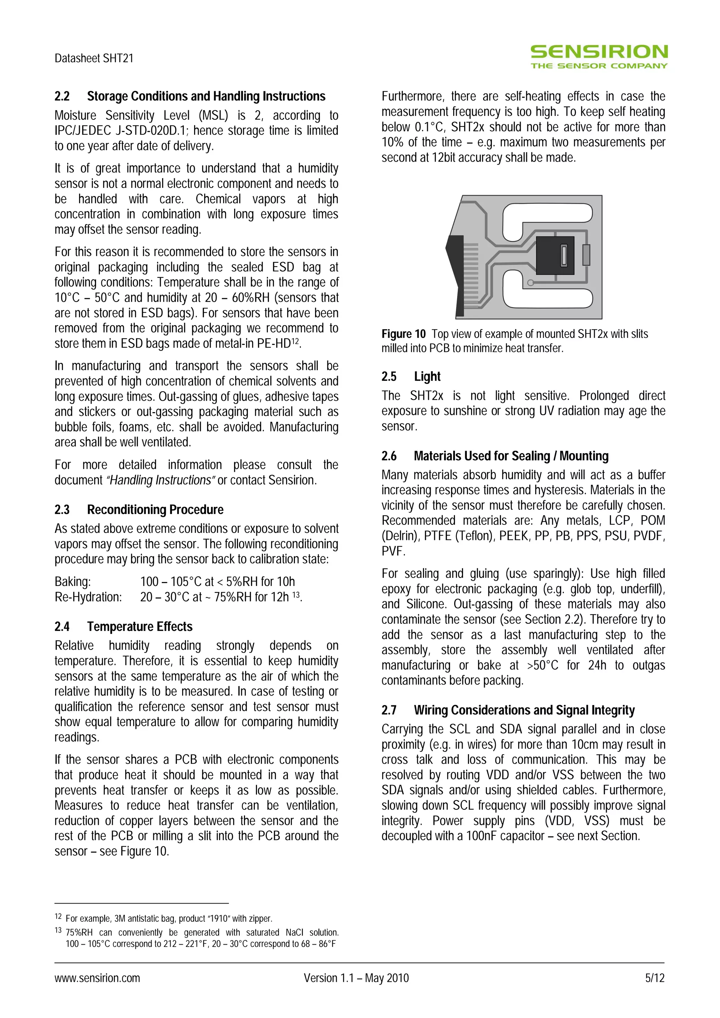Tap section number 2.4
coord(62,626)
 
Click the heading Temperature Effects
coord(140,626)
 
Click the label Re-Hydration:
coord(88,597)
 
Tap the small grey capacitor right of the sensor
coord(586,255)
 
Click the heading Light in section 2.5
coord(427,377)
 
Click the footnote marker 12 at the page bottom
coord(58,916)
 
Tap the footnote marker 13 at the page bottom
coord(58,930)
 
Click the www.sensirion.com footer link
coord(97,978)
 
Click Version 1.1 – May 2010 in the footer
coord(356,978)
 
